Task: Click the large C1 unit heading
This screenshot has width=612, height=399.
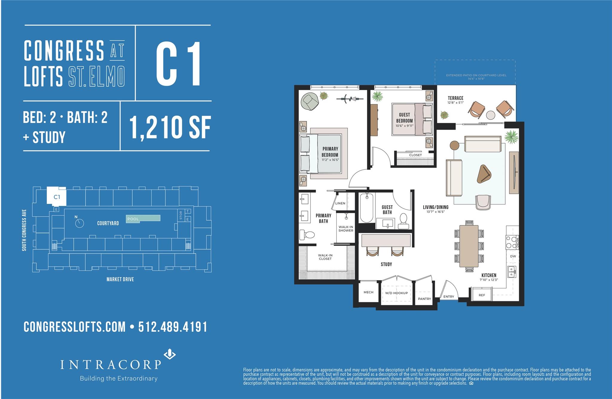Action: (x=178, y=64)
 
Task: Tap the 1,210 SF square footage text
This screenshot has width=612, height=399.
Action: (x=170, y=127)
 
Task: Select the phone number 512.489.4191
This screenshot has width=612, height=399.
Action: (x=173, y=327)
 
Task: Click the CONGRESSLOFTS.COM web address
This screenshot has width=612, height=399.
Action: (x=75, y=327)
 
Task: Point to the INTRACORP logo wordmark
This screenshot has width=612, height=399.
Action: (x=111, y=364)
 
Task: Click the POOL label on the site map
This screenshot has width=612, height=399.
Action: (x=133, y=219)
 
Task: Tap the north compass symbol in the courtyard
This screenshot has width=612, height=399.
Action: (x=79, y=223)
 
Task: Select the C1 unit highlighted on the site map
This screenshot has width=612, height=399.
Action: (x=57, y=197)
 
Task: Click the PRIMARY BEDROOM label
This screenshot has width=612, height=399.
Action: (x=330, y=152)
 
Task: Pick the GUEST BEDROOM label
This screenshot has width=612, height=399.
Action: (x=404, y=118)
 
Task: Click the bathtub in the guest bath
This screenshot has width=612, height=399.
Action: (x=367, y=208)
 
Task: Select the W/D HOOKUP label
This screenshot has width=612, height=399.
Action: (x=396, y=293)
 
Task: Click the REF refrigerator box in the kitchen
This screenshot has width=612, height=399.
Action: (x=482, y=295)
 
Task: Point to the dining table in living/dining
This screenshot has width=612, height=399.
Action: (x=469, y=246)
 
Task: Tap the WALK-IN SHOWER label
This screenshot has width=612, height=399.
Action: (x=346, y=229)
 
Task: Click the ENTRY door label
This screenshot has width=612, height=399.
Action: (x=449, y=296)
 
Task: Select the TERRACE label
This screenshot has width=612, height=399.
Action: (x=455, y=98)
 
